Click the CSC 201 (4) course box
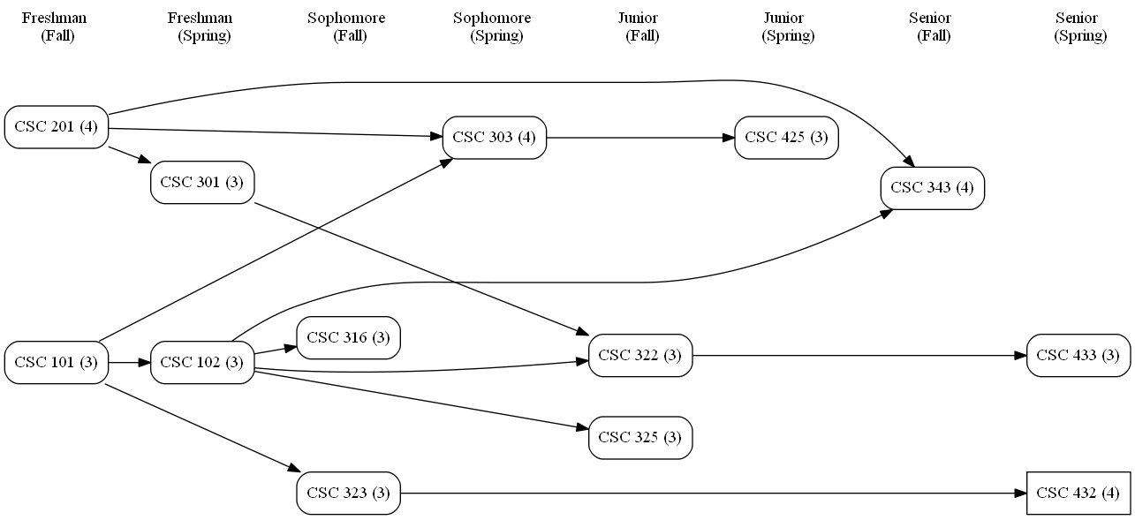pos(57,127)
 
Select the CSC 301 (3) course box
pos(202,183)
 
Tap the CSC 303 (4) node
pos(494,138)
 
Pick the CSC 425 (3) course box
pos(786,138)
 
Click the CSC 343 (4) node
pos(932,188)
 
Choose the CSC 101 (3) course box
pos(57,363)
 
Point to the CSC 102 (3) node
pos(202,363)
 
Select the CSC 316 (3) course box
pos(348,338)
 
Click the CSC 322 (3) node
pos(640,356)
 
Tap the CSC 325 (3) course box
pos(640,438)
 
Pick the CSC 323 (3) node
pos(348,493)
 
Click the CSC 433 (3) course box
pos(1078,356)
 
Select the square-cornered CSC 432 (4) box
pos(1078,493)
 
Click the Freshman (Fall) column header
pos(55,27)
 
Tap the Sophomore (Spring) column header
pos(493,27)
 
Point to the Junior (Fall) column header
pos(639,27)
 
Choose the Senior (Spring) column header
pos(1077,27)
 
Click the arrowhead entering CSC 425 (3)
pos(729,138)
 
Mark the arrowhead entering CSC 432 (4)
pos(1020,493)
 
